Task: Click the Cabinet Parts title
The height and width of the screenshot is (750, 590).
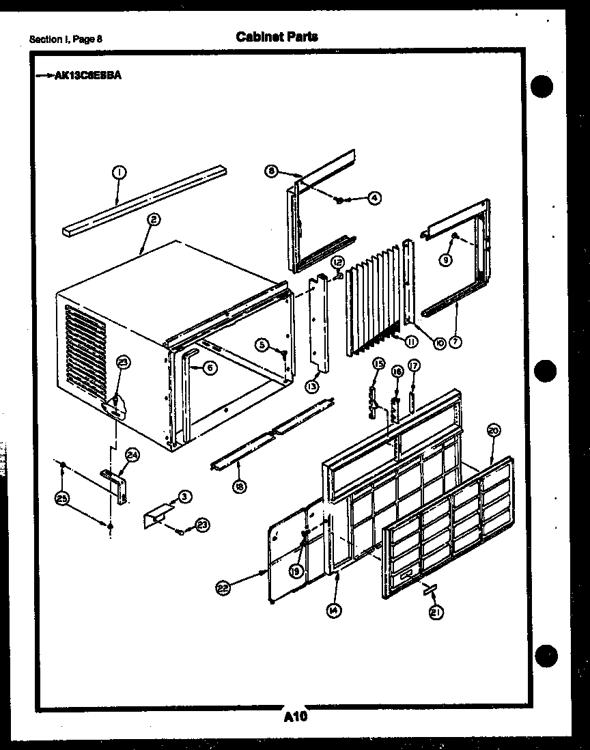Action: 277,37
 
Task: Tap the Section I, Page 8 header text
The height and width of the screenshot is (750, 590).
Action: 66,39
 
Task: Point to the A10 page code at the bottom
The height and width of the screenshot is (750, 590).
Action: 294,717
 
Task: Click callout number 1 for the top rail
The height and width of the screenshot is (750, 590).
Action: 119,173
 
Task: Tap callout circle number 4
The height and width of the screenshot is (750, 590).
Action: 374,198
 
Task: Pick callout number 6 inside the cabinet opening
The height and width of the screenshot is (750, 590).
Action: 209,367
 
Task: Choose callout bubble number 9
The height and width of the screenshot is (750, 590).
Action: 446,259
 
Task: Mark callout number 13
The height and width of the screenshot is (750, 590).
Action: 312,387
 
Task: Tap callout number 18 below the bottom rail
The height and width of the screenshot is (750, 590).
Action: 240,487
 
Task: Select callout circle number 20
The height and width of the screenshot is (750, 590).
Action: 494,430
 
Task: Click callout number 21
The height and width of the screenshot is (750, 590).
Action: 435,613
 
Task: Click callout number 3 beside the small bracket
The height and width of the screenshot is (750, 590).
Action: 184,497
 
